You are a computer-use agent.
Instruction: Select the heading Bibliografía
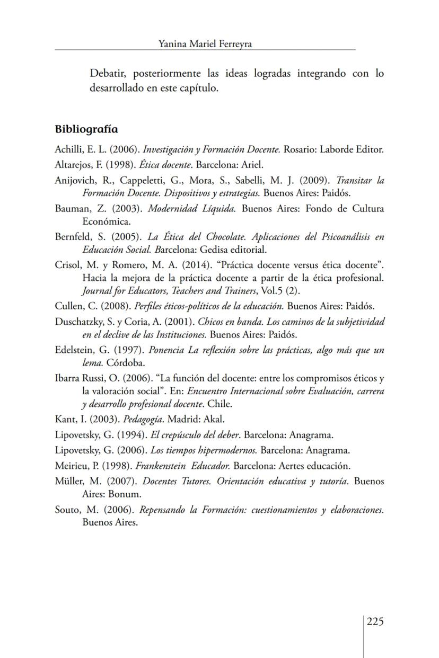(x=86, y=129)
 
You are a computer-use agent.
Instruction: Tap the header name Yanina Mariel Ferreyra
(x=205, y=44)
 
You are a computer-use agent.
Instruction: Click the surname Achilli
(x=68, y=149)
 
